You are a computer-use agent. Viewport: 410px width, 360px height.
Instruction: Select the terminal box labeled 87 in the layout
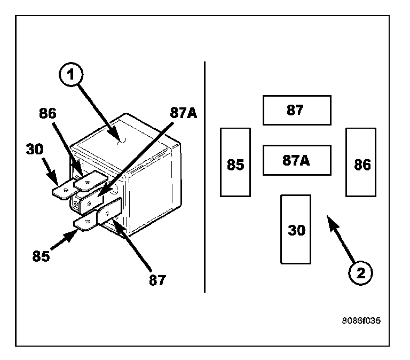[297, 110]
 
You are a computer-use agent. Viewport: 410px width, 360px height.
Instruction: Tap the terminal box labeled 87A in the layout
[297, 160]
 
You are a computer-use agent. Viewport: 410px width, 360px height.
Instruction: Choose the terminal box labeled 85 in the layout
[235, 162]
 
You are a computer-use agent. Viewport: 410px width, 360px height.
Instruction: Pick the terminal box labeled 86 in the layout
[361, 162]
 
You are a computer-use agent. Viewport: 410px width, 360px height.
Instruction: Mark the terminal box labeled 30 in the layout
[296, 229]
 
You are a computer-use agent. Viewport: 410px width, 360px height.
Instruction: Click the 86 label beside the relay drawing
[47, 113]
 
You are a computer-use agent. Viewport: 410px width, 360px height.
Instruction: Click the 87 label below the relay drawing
[157, 279]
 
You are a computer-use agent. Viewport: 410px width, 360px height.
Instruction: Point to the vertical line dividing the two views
[205, 176]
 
